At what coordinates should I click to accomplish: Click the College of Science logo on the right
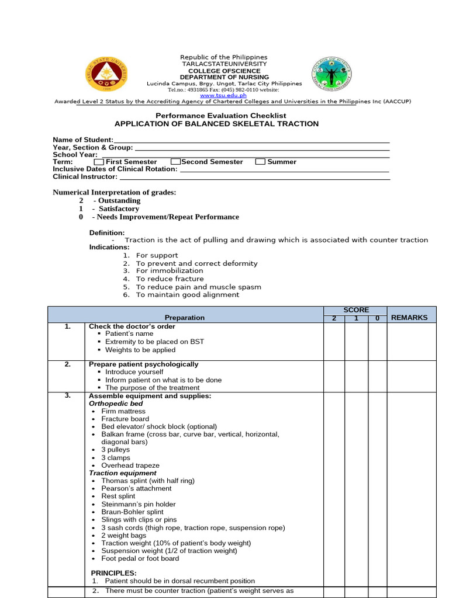(333, 73)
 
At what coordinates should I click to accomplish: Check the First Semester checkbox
(99, 162)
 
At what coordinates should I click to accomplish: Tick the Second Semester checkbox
(175, 162)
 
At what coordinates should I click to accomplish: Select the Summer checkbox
(260, 162)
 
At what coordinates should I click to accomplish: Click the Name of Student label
(83, 140)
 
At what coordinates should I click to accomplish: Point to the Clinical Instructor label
(85, 176)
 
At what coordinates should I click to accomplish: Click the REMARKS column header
(409, 318)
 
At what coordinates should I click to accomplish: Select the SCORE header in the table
(355, 310)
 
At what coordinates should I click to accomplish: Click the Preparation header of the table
(185, 318)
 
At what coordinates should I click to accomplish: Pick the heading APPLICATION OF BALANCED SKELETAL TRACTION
(216, 124)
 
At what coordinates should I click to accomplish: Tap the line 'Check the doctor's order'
(132, 326)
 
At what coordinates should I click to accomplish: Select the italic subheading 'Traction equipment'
(123, 473)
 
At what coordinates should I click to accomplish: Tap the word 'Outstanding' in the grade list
(119, 201)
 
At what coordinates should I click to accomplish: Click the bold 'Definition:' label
(106, 232)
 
